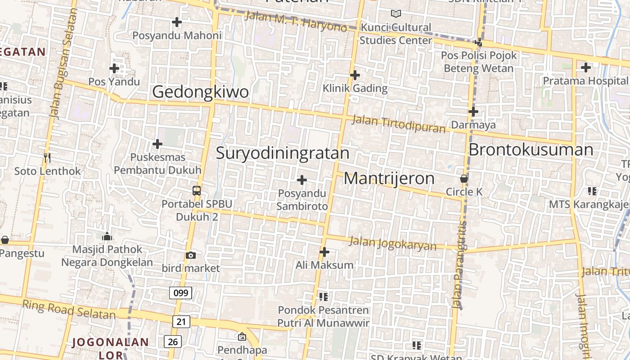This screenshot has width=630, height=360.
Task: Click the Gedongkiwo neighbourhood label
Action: click(200, 92)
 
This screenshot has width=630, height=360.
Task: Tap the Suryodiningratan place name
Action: click(283, 153)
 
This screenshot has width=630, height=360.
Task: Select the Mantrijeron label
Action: click(389, 179)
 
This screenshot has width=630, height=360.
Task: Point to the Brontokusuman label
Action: click(531, 150)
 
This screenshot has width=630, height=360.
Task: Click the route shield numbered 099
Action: click(181, 293)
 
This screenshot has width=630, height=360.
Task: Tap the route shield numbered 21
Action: click(181, 321)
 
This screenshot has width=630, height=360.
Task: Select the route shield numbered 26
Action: click(173, 342)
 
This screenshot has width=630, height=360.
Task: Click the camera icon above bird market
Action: click(191, 256)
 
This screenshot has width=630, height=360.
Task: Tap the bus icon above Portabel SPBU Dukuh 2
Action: click(197, 191)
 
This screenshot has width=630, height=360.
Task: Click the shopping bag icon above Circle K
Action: click(464, 179)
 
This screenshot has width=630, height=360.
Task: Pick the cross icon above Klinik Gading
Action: click(355, 75)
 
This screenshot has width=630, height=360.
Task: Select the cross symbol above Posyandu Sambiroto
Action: click(302, 180)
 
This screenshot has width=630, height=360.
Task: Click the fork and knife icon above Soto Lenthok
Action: click(47, 157)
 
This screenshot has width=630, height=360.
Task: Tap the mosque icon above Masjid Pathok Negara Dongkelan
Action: click(107, 236)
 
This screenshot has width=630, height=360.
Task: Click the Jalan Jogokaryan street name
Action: click(393, 243)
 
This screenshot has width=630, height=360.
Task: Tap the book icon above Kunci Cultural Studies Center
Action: click(396, 14)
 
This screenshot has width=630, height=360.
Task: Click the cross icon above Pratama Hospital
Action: click(585, 68)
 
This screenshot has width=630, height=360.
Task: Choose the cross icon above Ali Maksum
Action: click(324, 252)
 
